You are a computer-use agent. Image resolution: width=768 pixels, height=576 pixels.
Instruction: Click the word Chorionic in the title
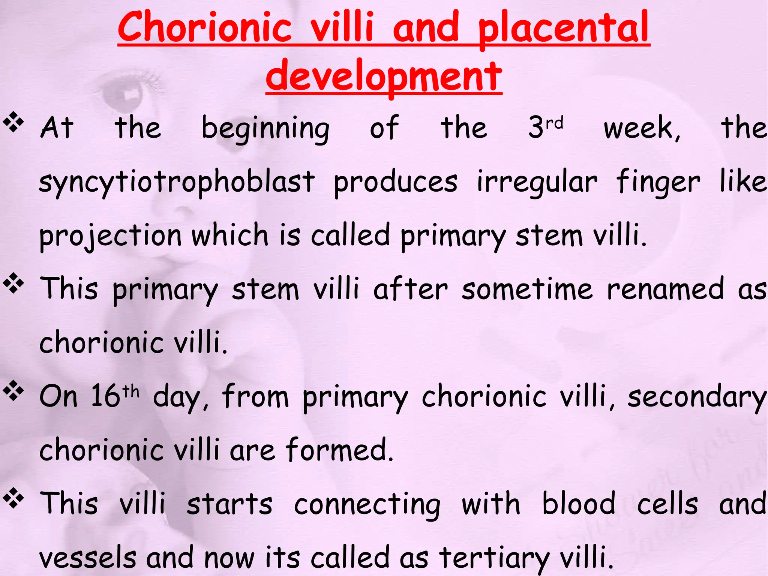[205, 27]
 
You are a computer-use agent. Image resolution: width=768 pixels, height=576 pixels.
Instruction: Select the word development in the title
[384, 76]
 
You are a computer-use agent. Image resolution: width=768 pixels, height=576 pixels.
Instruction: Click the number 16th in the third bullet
[115, 396]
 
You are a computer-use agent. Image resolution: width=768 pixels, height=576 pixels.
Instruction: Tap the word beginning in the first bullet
[265, 129]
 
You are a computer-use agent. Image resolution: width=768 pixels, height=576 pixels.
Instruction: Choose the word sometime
[527, 289]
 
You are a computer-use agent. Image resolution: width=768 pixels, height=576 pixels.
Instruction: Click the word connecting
[367, 504]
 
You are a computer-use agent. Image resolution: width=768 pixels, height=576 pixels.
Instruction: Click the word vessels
[88, 558]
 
